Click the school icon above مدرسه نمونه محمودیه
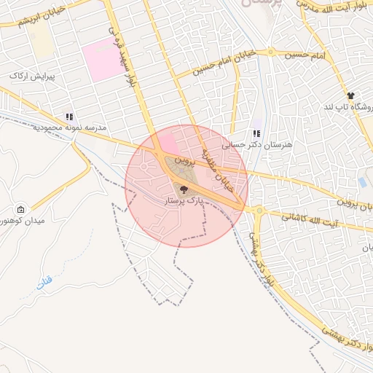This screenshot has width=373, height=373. tap(69, 116)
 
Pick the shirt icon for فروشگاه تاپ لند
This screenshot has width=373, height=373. tap(350, 95)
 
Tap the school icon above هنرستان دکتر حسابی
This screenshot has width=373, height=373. tap(256, 133)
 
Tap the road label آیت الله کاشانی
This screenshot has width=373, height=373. tap(300, 217)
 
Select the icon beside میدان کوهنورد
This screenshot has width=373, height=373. tap(20, 210)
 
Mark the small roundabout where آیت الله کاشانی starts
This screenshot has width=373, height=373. tap(259, 211)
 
